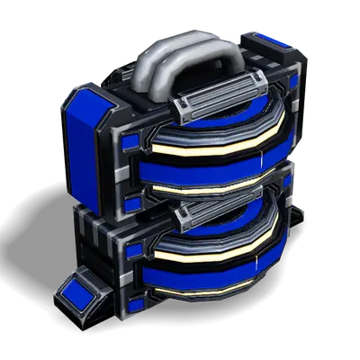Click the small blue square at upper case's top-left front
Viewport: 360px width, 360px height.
(x=131, y=142)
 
